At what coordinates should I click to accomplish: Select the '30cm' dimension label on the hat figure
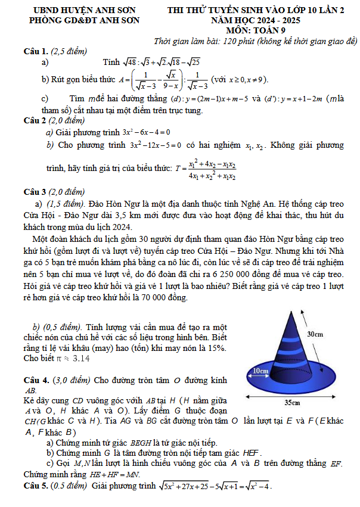click(x=315, y=334)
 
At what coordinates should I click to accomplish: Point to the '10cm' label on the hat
click(x=260, y=371)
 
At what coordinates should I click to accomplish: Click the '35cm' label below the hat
click(x=291, y=402)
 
